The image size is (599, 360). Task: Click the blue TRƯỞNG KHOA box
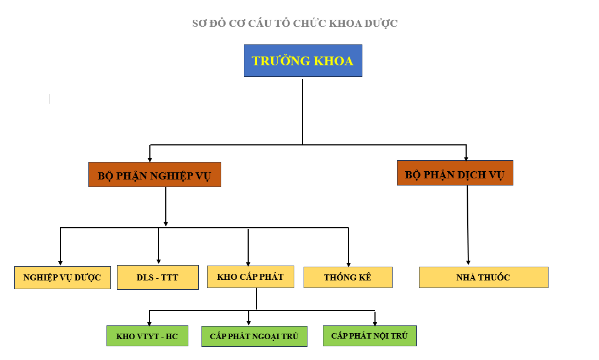303,60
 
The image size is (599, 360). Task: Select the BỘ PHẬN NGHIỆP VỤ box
154,175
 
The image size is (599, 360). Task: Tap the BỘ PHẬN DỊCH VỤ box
455,173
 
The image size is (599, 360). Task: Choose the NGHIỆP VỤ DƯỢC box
62,277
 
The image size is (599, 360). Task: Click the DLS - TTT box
157,277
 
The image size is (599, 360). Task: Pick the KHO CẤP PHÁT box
250,277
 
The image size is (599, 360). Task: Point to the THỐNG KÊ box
348,277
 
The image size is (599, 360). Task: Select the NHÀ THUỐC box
483,277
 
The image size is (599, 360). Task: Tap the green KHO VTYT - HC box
147,336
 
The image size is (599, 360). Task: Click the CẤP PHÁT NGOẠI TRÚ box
254,336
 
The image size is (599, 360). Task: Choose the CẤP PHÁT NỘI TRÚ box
370,335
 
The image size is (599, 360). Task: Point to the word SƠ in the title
198,24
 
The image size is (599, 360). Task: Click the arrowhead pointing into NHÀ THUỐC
468,262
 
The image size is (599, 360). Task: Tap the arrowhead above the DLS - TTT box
159,261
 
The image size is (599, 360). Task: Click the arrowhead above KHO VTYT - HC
149,323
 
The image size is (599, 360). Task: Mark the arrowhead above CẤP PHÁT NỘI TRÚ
375,323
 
